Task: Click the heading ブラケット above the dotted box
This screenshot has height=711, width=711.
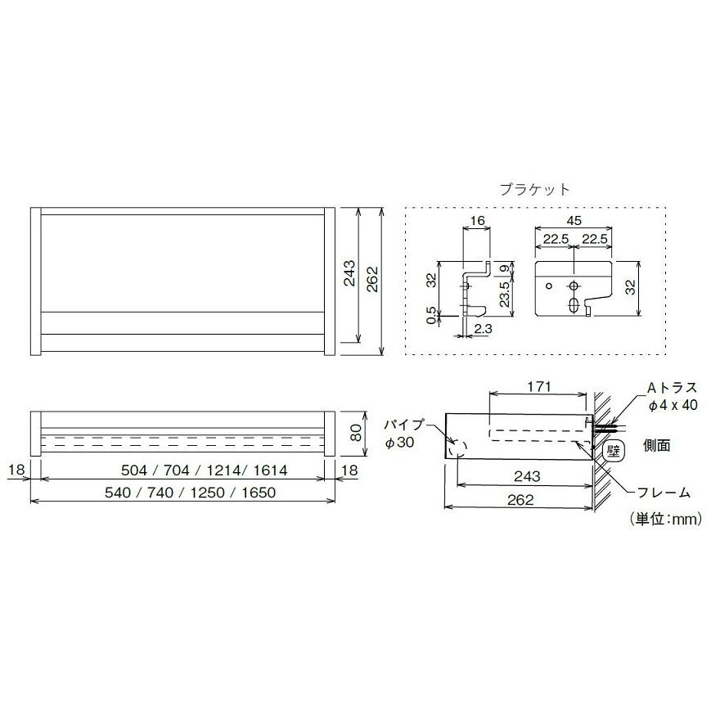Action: (x=534, y=189)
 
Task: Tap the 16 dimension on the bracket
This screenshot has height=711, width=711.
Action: (x=477, y=221)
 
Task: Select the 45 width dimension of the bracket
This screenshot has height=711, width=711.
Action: (x=574, y=221)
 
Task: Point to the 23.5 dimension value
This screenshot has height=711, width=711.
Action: (x=504, y=294)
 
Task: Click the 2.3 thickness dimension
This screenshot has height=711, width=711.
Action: (x=483, y=328)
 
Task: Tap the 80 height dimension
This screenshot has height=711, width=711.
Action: (x=356, y=433)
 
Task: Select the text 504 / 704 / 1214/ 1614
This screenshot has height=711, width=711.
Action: (x=204, y=470)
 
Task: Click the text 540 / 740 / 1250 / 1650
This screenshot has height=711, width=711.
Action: (x=190, y=492)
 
